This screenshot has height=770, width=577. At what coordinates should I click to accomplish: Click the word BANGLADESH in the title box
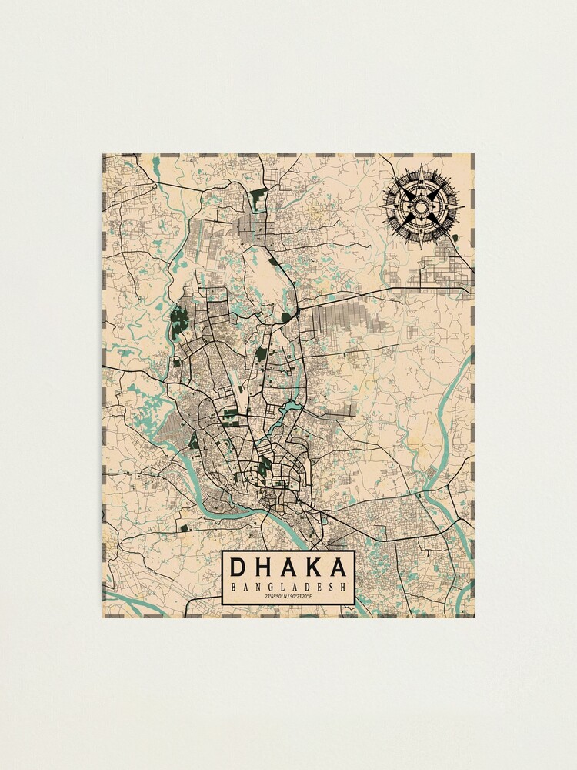point(288,588)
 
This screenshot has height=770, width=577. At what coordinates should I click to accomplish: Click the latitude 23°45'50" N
point(275,598)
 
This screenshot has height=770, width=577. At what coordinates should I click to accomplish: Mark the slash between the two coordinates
point(288,598)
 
